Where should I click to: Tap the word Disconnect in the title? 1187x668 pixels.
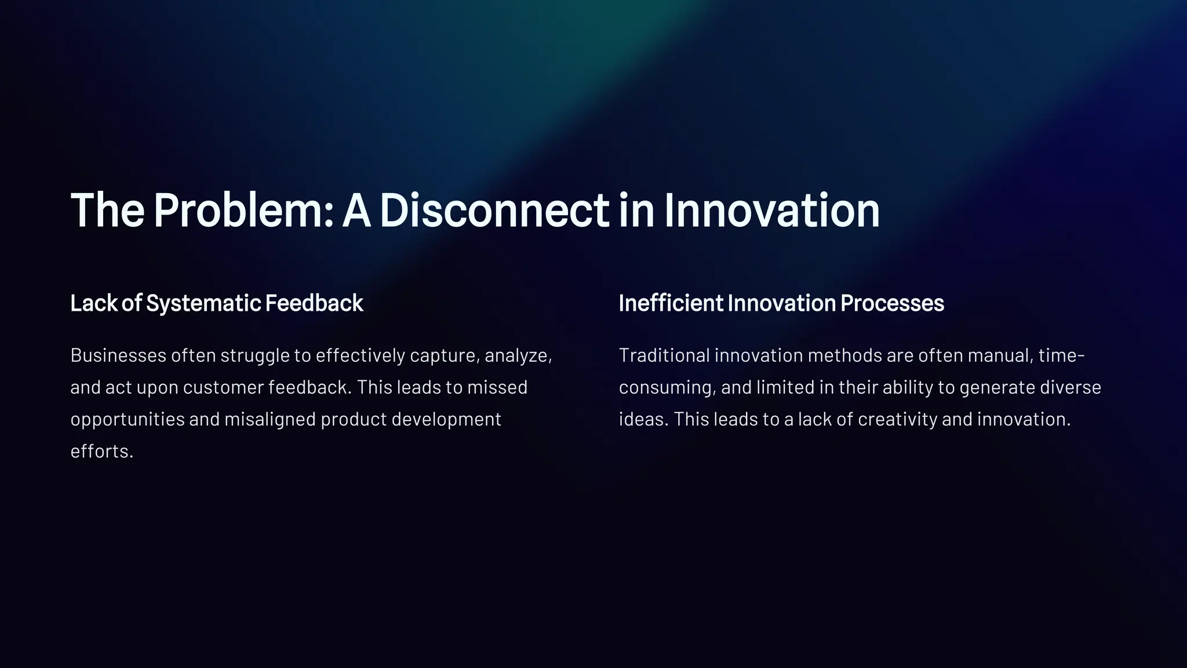(494, 210)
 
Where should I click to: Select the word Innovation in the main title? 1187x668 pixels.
(771, 210)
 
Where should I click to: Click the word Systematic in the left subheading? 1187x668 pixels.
(203, 303)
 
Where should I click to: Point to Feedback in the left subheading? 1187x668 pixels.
(314, 303)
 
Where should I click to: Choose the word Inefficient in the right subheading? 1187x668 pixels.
(671, 303)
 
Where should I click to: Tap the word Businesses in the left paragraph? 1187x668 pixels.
(118, 355)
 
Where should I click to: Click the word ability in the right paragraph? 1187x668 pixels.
(908, 387)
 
